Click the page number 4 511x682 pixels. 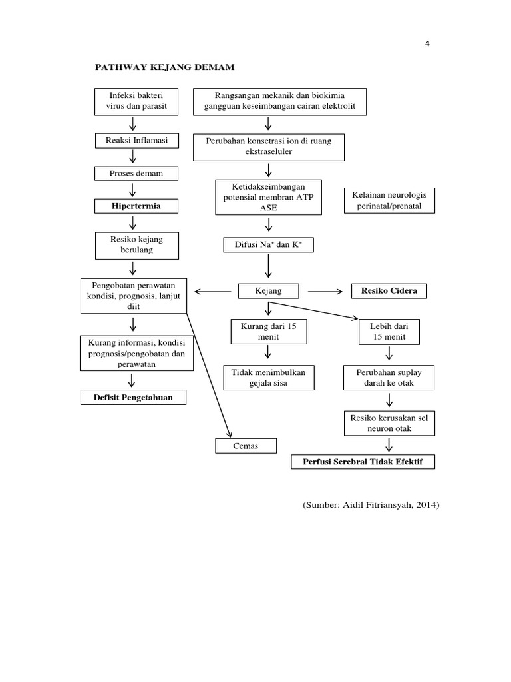pos(427,44)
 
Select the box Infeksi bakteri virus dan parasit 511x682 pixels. pos(136,100)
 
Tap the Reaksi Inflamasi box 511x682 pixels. pos(136,141)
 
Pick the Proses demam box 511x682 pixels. pos(136,173)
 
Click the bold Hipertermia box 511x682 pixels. pos(136,206)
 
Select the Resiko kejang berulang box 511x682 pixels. pos(136,244)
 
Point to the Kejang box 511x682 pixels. pos(269,291)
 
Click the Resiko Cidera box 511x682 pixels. pos(389,291)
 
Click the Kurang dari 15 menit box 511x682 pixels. pos(268,332)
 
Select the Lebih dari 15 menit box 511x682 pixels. pos(389,332)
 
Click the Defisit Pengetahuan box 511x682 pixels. pos(134,398)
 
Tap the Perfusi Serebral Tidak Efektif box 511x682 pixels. pos(363,462)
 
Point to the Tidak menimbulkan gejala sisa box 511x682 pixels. pos(268,377)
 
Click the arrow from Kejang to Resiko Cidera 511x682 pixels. pos(325,291)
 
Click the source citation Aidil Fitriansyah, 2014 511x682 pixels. pos(371,505)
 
